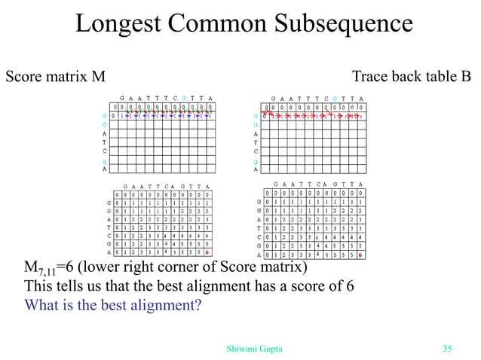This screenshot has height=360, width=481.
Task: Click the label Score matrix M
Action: (x=56, y=77)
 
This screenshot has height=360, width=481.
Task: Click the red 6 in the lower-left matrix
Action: (x=206, y=252)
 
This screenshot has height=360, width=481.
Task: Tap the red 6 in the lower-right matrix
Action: (x=360, y=255)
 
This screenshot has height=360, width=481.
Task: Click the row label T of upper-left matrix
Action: (x=103, y=142)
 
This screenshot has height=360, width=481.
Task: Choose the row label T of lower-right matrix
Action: (x=259, y=227)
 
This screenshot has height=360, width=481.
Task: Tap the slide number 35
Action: (x=446, y=348)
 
